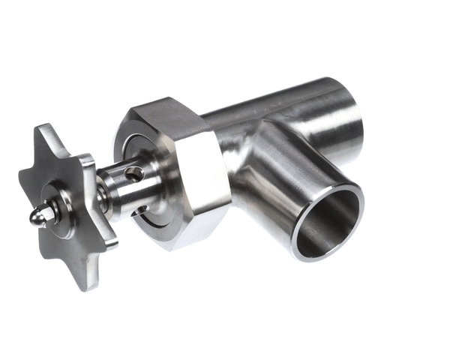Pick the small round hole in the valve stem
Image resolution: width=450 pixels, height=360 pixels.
[x=135, y=174]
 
